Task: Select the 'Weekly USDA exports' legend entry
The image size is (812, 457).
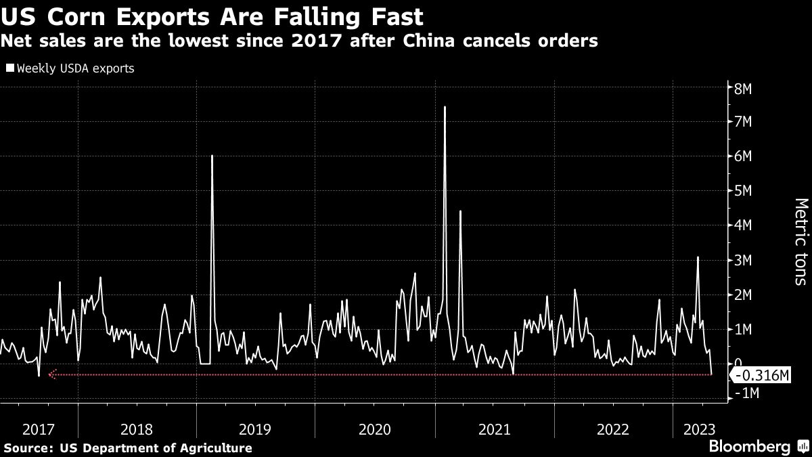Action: [x=70, y=68]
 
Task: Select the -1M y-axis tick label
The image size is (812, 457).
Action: [x=745, y=393]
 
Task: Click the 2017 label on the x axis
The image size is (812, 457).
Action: [x=39, y=429]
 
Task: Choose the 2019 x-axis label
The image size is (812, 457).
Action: [x=256, y=429]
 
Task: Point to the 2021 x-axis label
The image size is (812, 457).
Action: [x=494, y=429]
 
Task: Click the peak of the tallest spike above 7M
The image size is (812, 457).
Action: [x=445, y=107]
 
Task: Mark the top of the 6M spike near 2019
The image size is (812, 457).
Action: [x=212, y=156]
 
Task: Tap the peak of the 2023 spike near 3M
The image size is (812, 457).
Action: [x=698, y=257]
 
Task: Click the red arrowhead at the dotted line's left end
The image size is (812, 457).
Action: [x=51, y=374]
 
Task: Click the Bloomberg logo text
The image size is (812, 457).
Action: [x=749, y=446]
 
